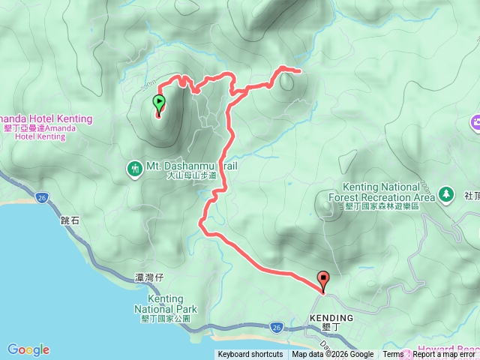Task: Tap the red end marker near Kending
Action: coord(324,279)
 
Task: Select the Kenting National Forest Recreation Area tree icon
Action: coord(447,193)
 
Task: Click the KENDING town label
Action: coord(331,318)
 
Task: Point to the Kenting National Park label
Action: coord(166,303)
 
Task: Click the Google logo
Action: coord(28,349)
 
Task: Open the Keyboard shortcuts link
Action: coord(250,355)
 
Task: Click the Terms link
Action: coord(393,355)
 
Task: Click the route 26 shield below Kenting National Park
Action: coord(276,327)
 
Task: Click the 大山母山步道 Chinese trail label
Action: coord(193,175)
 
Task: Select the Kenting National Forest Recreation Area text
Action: coord(388,192)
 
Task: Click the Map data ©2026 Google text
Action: coord(333,355)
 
